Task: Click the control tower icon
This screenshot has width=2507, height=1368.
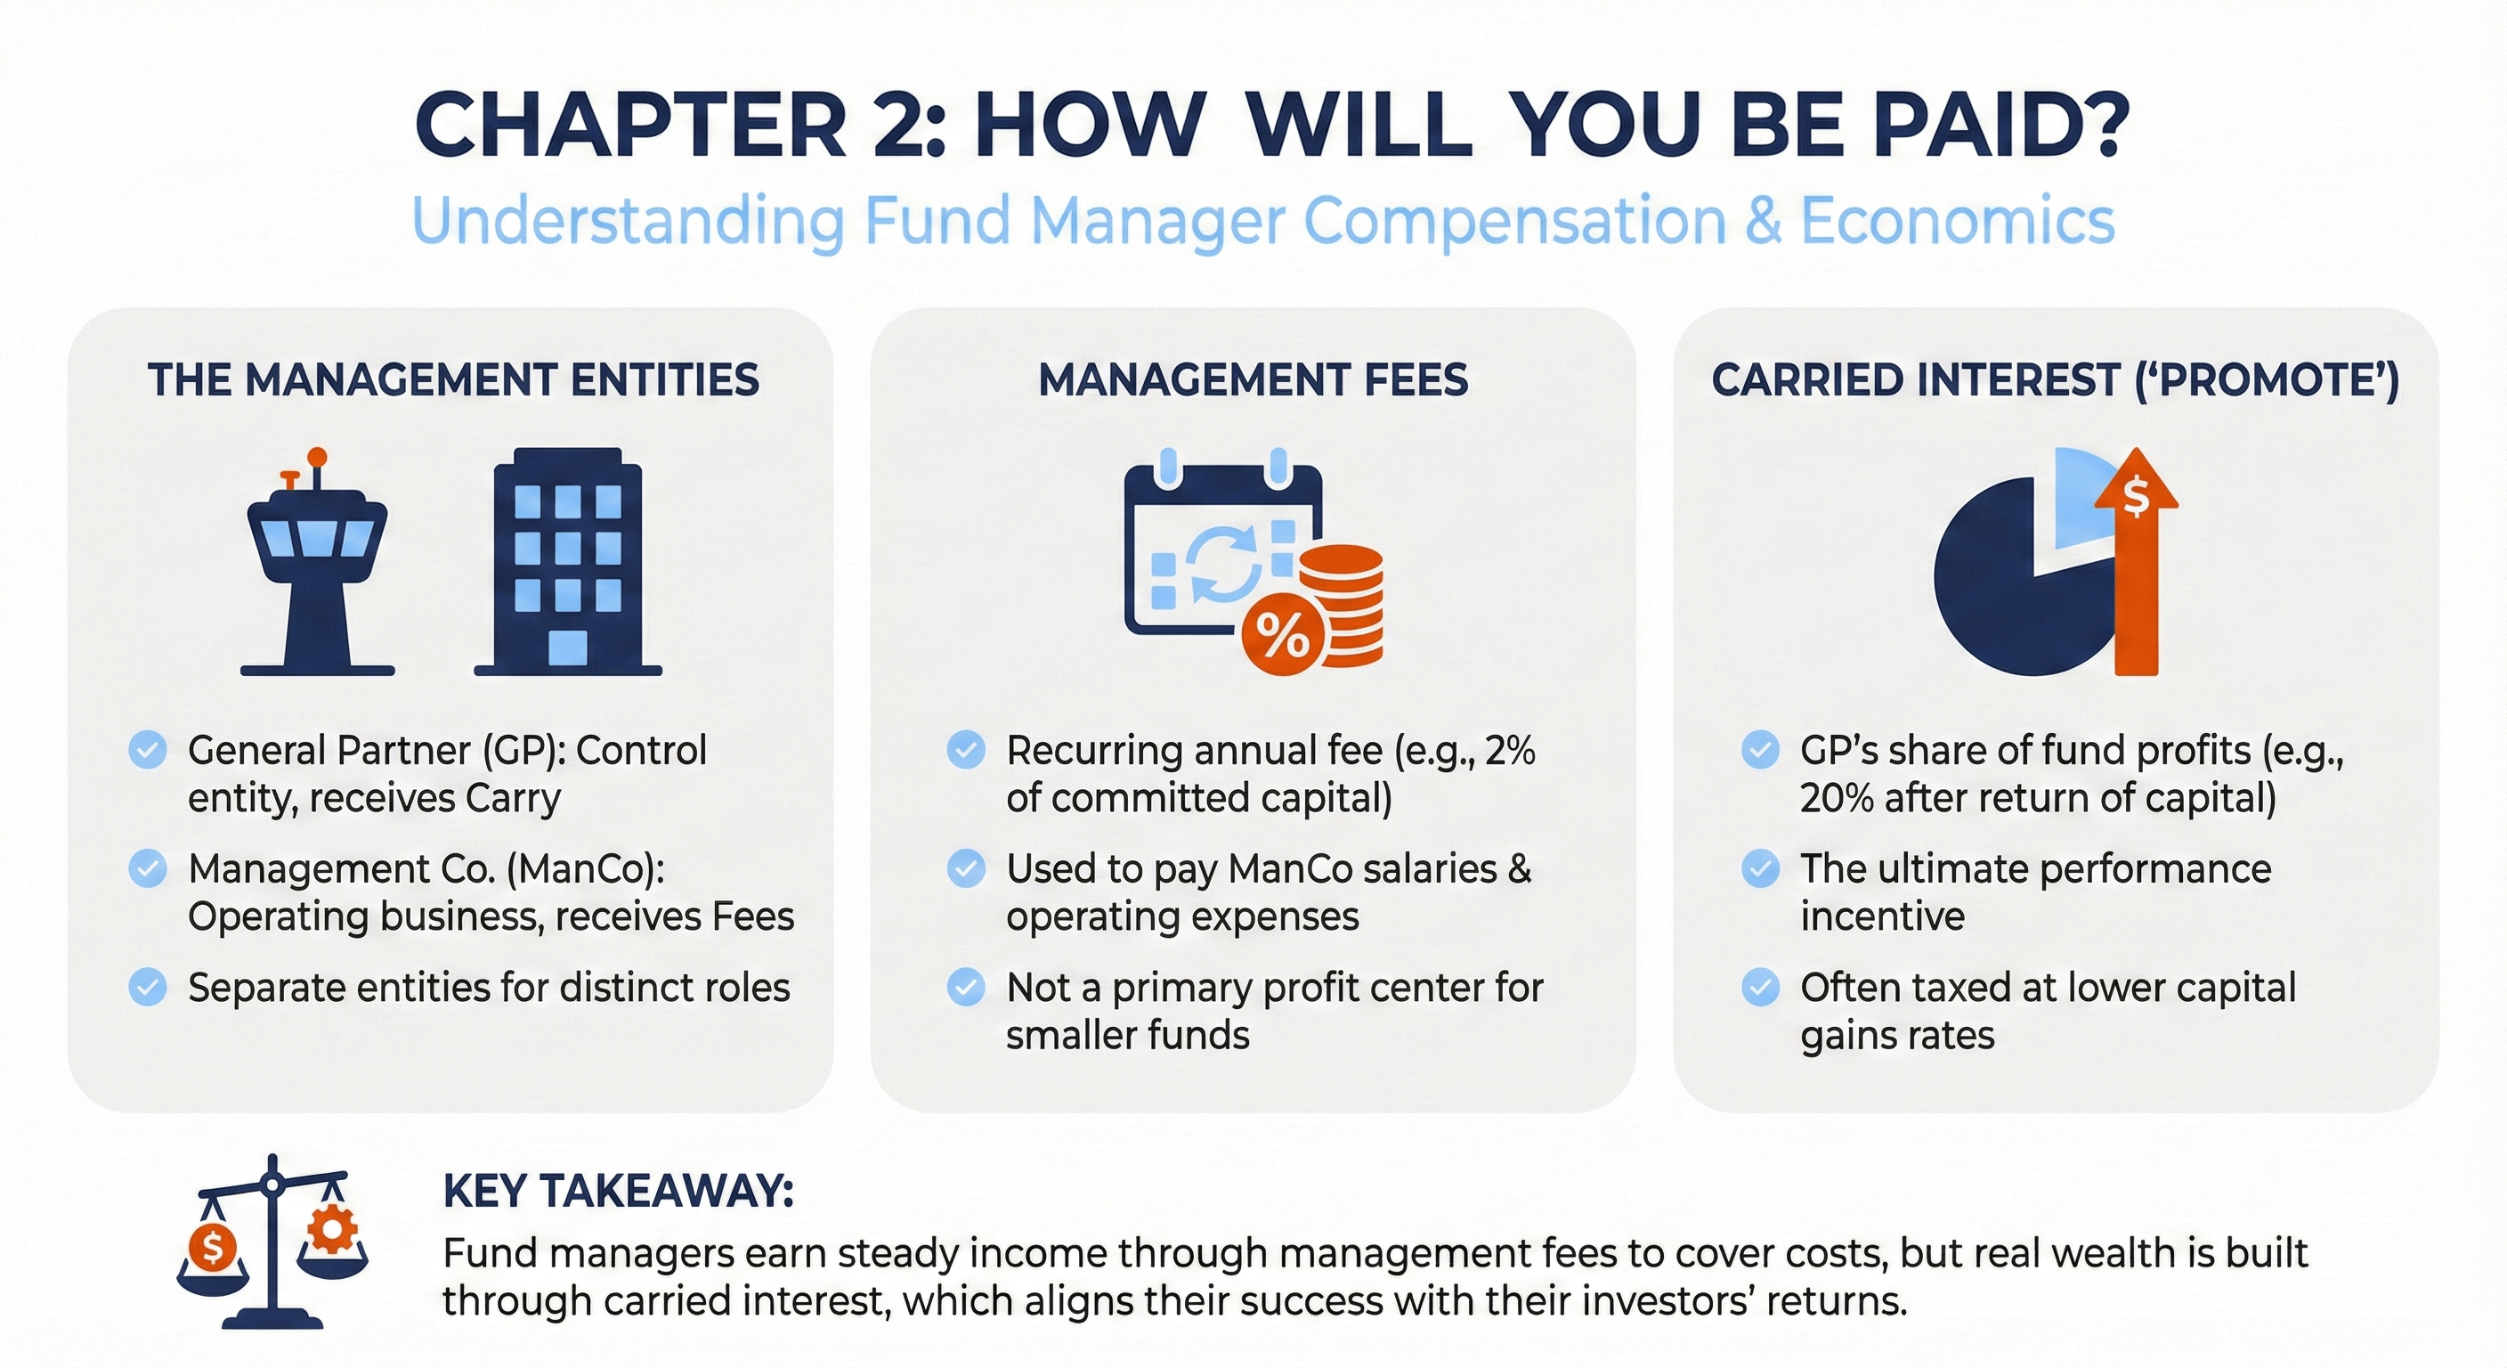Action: coord(317,565)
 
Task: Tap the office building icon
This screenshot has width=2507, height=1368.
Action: coord(567,563)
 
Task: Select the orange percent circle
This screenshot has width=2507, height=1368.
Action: coord(1282,634)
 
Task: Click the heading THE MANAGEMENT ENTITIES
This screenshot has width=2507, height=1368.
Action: coord(452,379)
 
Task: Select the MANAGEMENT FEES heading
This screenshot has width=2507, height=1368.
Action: coord(1253,379)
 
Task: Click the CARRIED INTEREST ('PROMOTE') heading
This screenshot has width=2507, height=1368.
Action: coord(2056,379)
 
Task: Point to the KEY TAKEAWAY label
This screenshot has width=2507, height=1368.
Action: coord(618,1191)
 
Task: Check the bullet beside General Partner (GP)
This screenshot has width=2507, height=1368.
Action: coord(148,751)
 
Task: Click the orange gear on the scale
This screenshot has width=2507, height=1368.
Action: coord(332,1230)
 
